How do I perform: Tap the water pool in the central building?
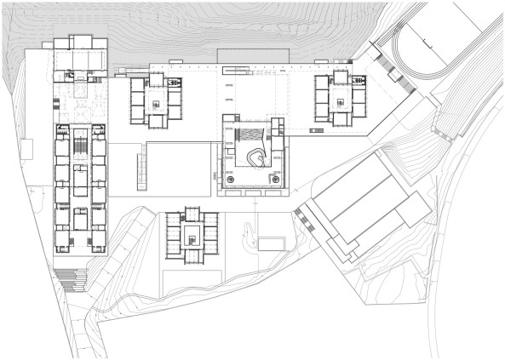pos(250,134)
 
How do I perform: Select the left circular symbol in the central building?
pos(230,180)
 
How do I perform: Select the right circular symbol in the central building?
pos(275,180)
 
